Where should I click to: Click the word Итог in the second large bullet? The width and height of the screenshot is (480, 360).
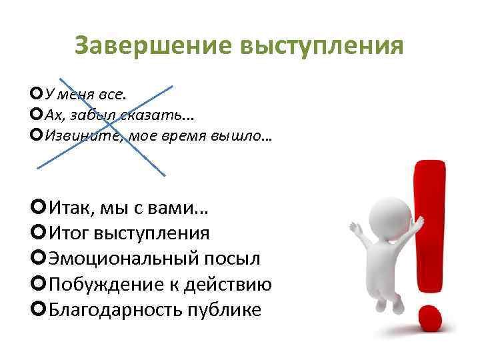pyautogui.click(x=67, y=234)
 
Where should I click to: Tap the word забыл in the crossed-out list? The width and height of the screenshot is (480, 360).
pyautogui.click(x=99, y=115)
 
